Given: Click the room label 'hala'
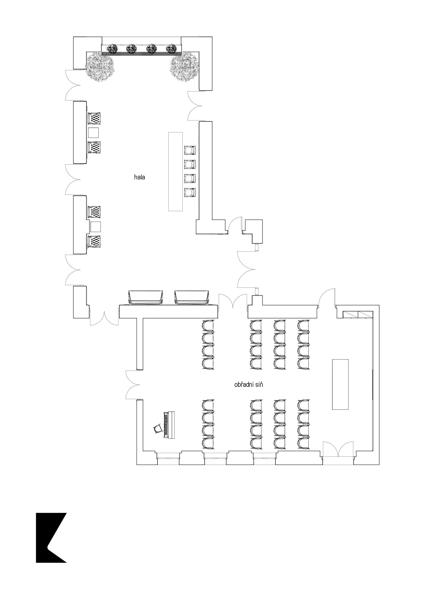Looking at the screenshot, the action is pos(139,177).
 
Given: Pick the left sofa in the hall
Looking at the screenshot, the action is pos(146,297).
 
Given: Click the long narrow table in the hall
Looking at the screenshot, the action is pos(175,171).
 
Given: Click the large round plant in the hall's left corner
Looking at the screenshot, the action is pos(100,67).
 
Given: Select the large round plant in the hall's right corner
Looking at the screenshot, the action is pos(184,67).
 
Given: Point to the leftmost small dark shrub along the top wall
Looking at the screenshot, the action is pos(113,49).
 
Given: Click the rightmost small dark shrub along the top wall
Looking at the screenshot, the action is pos(171,49).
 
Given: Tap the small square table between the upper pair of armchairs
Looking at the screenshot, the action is pos(93,133).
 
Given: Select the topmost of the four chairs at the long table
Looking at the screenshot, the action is pos(190,150).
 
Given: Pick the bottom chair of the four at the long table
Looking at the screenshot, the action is pos(190,193).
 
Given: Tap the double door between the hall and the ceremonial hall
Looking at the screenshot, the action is pos(232,303).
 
